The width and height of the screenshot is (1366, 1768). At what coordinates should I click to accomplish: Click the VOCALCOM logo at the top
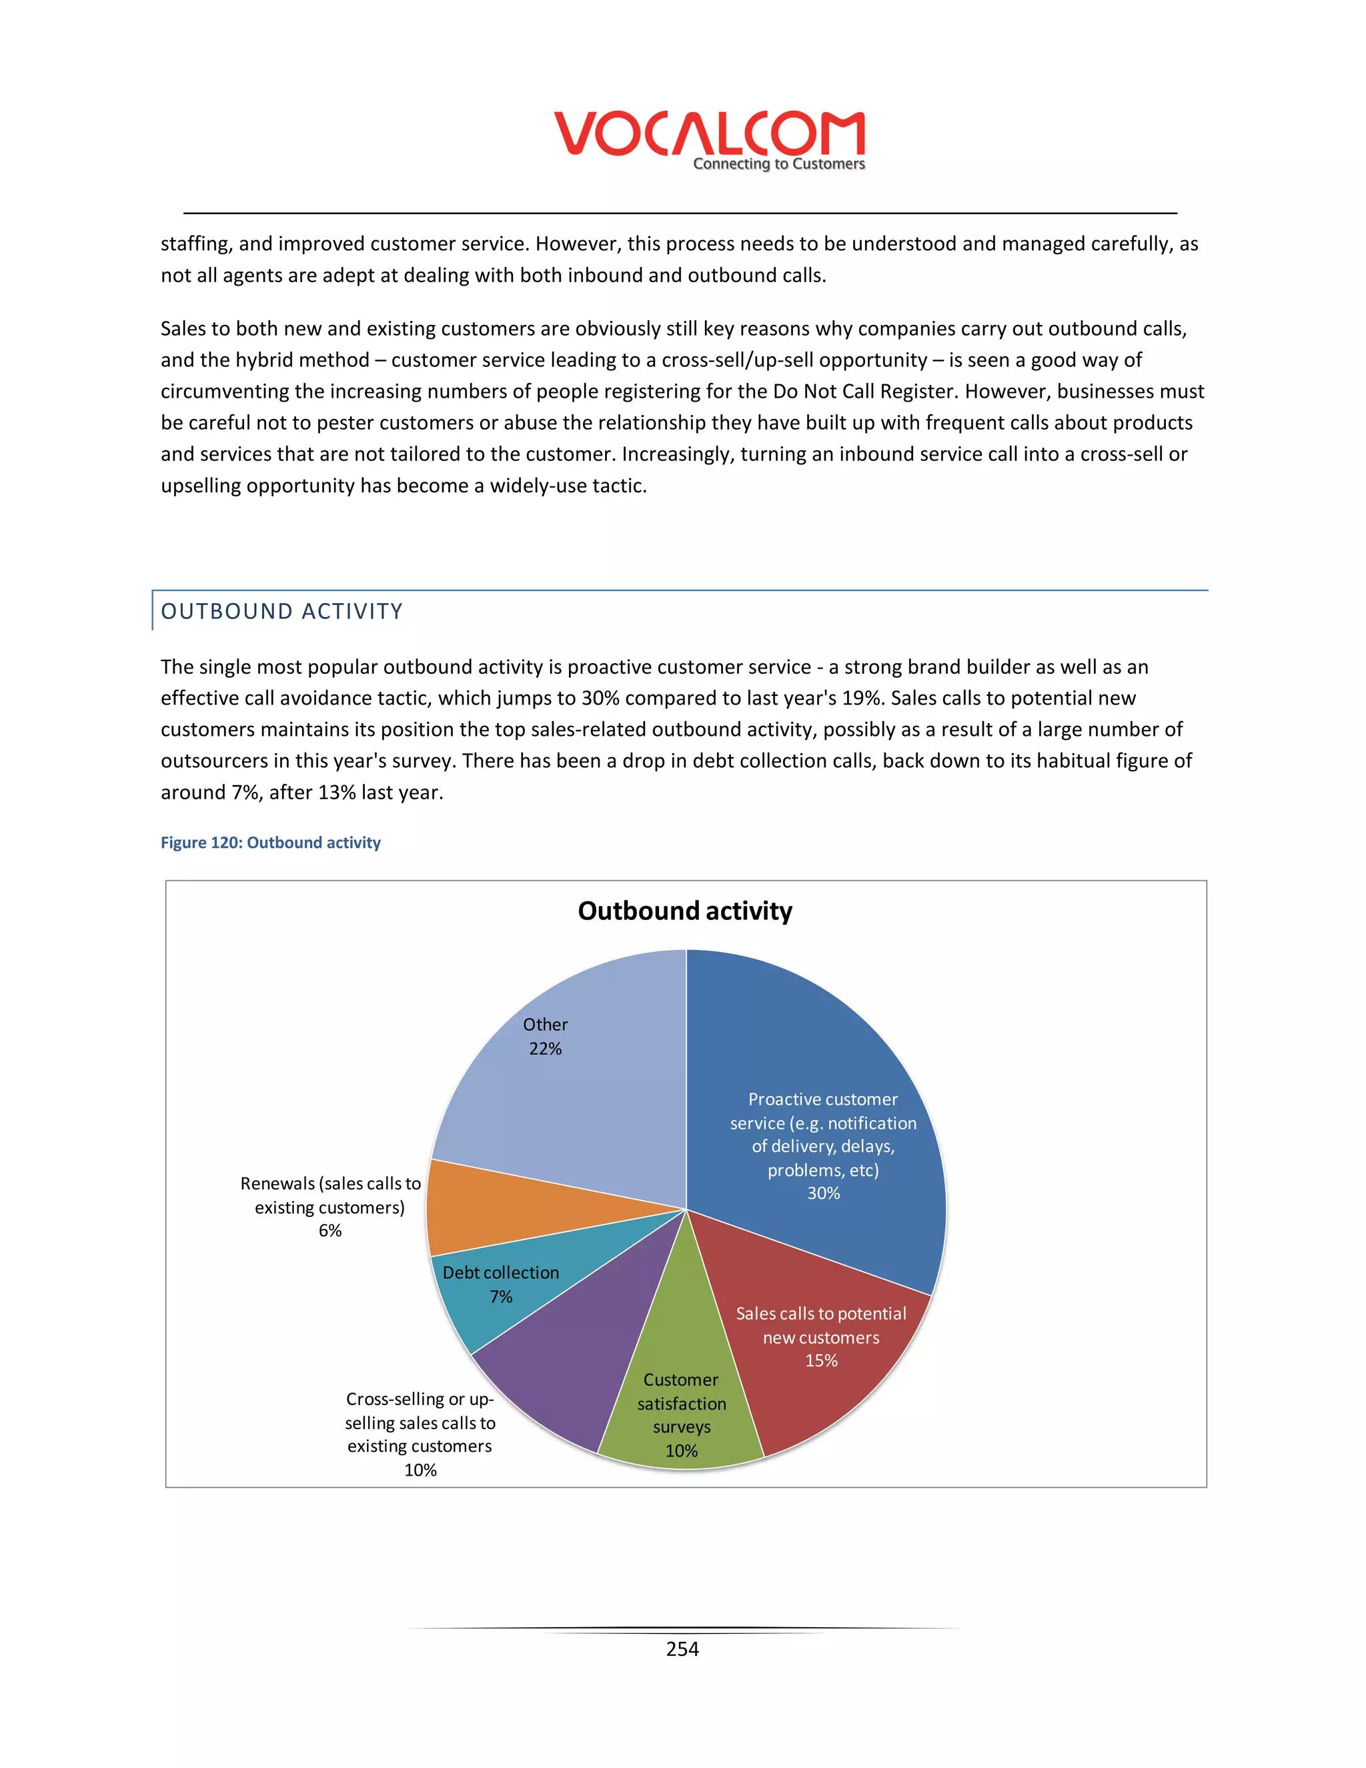coord(709,133)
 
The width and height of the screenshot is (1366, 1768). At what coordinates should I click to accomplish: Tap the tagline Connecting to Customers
coord(778,164)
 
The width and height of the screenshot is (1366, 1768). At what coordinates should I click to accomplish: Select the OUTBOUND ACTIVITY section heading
coord(281,611)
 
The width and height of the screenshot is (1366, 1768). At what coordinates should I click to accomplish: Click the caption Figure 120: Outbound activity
coord(270,843)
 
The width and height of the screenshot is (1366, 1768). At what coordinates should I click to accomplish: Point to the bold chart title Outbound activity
coord(684,911)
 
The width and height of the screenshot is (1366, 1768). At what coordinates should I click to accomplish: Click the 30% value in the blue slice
coord(823,1194)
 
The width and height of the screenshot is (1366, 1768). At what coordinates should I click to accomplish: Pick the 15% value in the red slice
coord(820,1361)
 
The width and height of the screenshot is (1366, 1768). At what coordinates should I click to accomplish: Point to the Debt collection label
coord(500,1272)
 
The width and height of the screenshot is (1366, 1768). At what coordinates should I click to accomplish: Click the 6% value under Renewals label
coord(329,1230)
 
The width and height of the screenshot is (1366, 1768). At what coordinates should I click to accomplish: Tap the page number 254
coord(682,1649)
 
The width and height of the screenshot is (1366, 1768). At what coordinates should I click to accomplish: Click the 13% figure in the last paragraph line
coord(336,793)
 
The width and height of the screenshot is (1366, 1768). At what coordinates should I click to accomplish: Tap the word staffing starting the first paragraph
coord(194,244)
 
